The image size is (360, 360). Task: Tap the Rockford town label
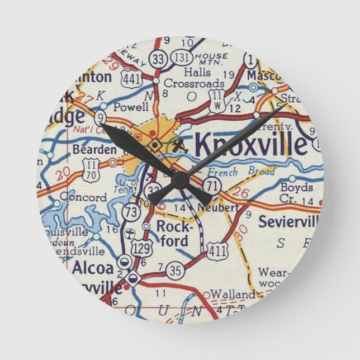coord(172,234)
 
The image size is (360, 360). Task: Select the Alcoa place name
coord(91,268)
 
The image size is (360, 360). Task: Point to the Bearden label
coord(94,149)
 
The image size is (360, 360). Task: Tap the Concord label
coord(83,197)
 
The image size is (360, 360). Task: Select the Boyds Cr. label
coord(296,193)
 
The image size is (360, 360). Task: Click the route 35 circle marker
coord(175,272)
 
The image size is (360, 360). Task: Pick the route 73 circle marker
coord(131,212)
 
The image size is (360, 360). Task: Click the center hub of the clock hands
coord(179,180)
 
